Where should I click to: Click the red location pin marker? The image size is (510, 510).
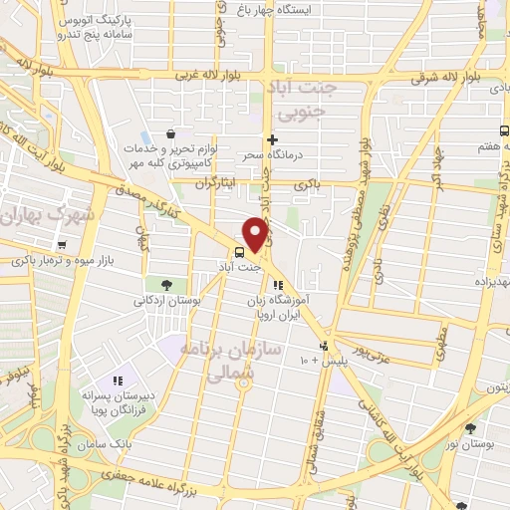[256, 233]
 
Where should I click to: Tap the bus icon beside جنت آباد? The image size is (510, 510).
[239, 252]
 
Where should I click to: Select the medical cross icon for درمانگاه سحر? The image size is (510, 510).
[272, 140]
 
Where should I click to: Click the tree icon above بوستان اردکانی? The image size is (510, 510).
[179, 285]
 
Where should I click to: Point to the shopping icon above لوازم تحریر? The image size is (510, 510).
[172, 133]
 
